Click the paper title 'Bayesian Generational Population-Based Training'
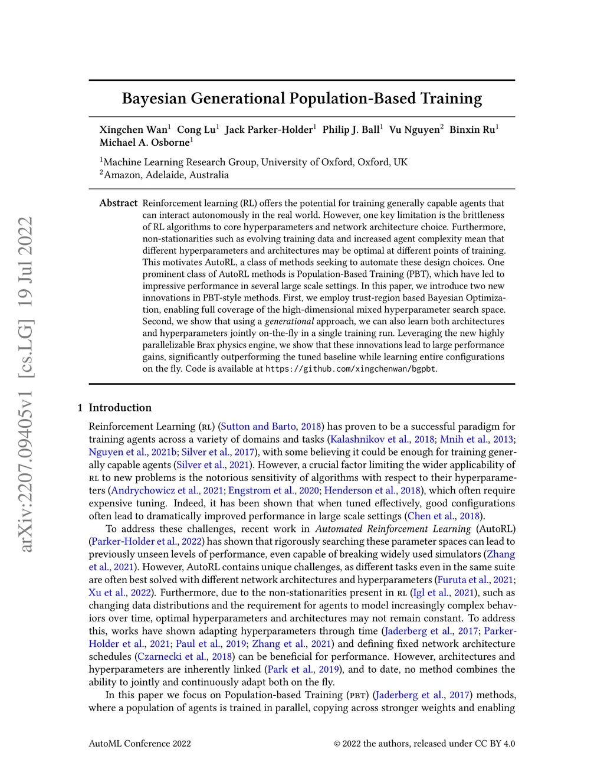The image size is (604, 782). pyautogui.click(x=301, y=98)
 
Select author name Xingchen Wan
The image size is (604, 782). pyautogui.click(x=133, y=130)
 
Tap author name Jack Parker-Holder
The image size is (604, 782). pyautogui.click(x=270, y=130)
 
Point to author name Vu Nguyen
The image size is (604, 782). pyautogui.click(x=414, y=130)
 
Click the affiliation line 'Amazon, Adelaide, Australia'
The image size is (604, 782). pyautogui.click(x=166, y=175)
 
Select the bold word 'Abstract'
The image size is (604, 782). pyautogui.click(x=118, y=203)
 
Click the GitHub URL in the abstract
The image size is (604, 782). pyautogui.click(x=350, y=369)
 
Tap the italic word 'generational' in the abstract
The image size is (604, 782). pyautogui.click(x=289, y=322)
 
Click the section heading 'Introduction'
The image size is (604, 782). pyautogui.click(x=120, y=408)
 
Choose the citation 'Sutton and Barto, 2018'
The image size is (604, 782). pyautogui.click(x=271, y=426)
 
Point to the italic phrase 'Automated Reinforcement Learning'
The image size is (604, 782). pyautogui.click(x=393, y=529)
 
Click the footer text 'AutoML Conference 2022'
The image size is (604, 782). pyautogui.click(x=140, y=744)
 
